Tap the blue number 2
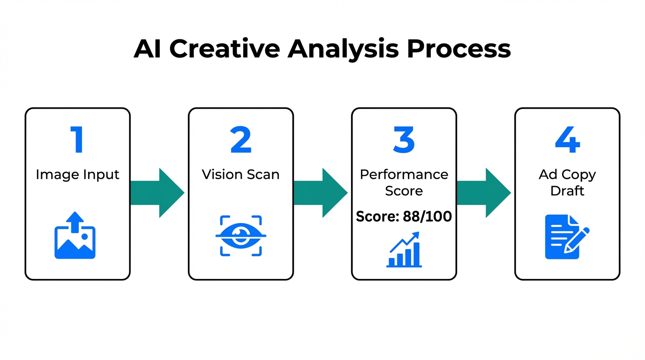tap(240, 140)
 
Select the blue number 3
tap(404, 140)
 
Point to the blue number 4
tap(567, 140)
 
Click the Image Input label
tap(77, 174)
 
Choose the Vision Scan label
tap(240, 174)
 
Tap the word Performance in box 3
tap(404, 174)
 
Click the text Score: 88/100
tap(404, 216)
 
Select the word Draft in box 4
tap(567, 191)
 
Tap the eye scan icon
tap(240, 235)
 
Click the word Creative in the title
tap(224, 49)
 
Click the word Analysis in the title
tap(344, 49)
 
